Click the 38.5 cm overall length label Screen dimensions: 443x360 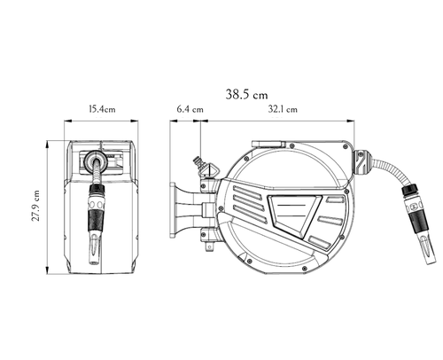coord(246,94)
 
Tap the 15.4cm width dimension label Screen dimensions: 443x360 coord(102,109)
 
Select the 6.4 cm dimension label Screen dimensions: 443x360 coord(190,109)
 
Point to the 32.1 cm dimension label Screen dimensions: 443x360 coord(283,109)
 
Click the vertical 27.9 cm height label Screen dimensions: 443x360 coord(35,206)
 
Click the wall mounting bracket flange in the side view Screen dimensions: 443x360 coord(172,210)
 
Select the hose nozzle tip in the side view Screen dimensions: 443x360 coord(428,257)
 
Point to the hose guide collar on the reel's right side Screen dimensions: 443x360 coord(360,162)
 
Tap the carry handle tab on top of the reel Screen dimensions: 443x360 coord(268,144)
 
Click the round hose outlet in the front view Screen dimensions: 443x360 coord(95,161)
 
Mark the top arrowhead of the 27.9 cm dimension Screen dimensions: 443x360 coord(47,144)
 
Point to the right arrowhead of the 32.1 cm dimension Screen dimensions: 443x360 coord(351,121)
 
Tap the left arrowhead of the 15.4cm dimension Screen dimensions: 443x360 coord(68,121)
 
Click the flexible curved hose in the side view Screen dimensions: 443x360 coord(387,170)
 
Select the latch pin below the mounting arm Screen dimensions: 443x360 coord(209,247)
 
